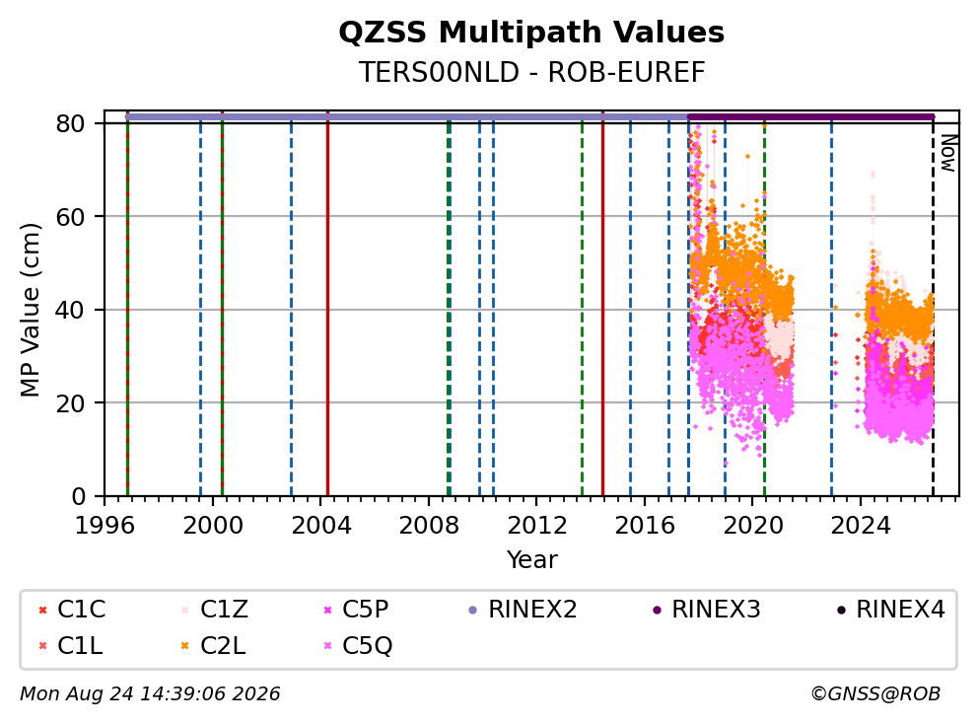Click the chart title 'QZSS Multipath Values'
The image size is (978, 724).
531,33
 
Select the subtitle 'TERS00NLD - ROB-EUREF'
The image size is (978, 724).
531,72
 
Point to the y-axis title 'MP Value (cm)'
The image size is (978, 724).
30,310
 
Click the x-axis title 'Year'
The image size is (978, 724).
531,560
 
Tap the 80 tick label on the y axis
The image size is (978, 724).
70,123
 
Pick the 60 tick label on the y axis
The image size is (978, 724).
70,217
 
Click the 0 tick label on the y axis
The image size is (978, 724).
79,496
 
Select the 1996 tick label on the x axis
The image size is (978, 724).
105,526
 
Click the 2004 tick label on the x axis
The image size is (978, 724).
320,526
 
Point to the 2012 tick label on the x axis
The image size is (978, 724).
536,526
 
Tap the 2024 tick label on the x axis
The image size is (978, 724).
860,526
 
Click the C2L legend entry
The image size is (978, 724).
213,645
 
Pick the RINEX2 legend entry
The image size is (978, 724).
523,610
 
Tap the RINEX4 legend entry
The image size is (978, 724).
891,610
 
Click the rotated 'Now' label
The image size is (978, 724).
948,154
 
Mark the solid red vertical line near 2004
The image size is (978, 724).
327,304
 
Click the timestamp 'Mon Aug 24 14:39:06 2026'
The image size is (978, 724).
150,693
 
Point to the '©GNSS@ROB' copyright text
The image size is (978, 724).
875,693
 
